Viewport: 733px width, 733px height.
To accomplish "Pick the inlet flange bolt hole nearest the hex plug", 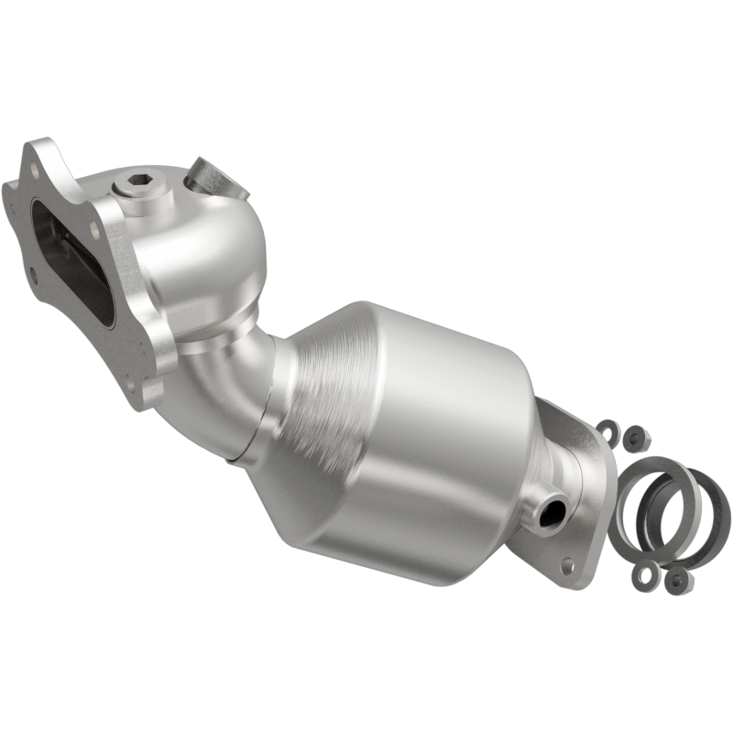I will (94, 194).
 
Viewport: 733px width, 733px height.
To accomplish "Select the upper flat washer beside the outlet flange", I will (607, 428).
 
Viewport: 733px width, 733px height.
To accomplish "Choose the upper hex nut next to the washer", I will (632, 441).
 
